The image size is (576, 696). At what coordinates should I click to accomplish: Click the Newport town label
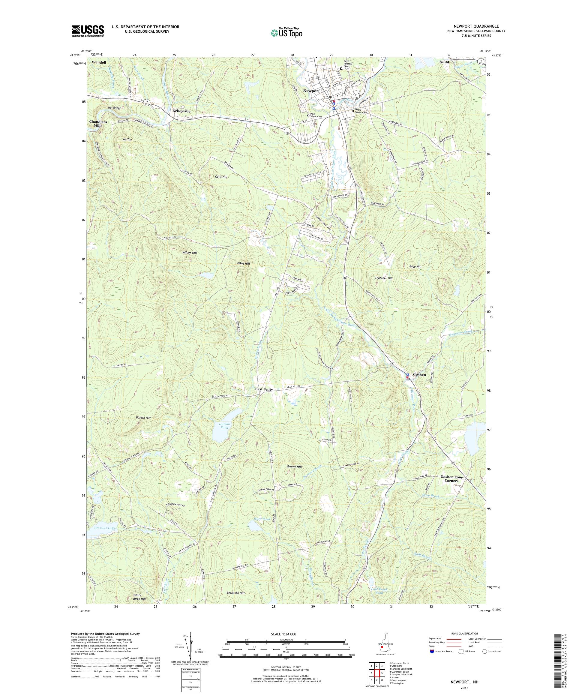[311, 91]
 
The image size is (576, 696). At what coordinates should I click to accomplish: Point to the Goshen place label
[419, 374]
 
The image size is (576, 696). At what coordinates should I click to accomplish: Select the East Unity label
[264, 389]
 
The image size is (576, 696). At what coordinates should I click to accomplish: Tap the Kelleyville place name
[181, 111]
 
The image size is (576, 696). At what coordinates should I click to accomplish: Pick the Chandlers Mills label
[98, 124]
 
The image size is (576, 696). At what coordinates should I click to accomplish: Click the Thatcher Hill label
[383, 278]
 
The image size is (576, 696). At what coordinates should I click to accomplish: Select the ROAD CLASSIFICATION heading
[464, 633]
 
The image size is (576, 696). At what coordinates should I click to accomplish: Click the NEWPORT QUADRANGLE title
[477, 26]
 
